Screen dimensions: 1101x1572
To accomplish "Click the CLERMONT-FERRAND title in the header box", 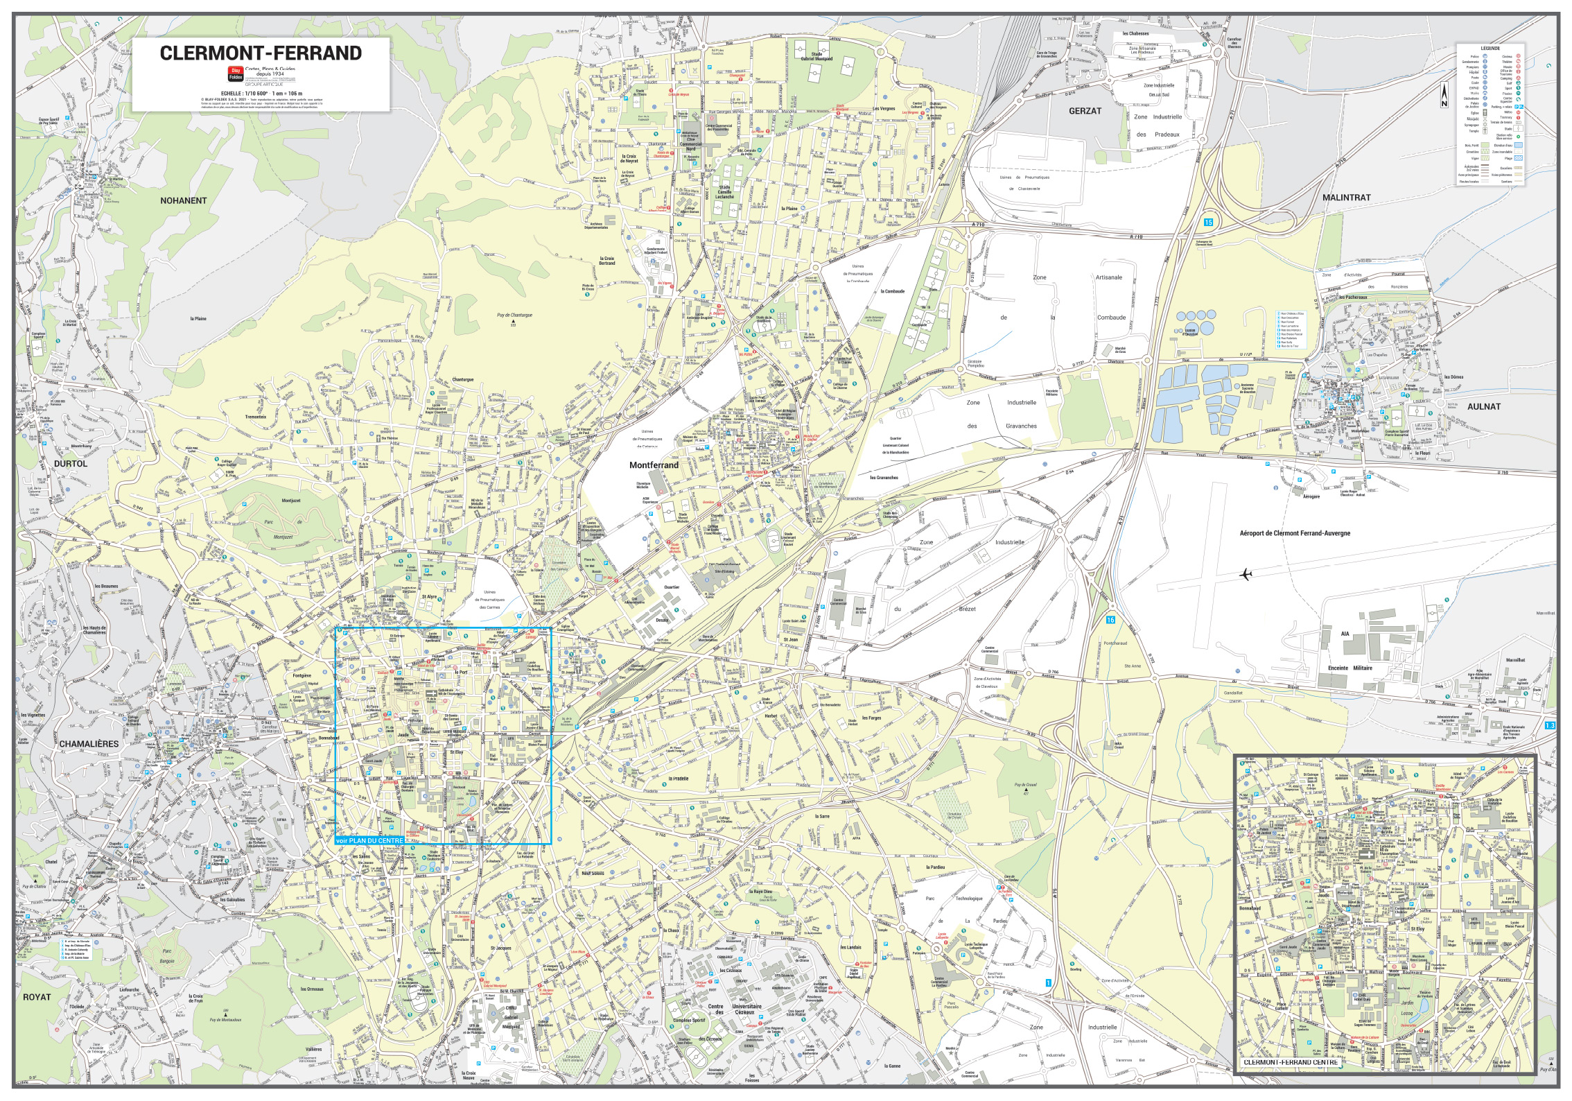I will [261, 53].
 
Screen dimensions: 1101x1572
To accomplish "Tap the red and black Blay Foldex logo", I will [236, 75].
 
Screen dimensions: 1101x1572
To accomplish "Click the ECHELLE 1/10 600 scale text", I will [261, 93].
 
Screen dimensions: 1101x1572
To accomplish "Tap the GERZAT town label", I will [1085, 111].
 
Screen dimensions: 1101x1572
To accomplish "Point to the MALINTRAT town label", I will [1346, 198].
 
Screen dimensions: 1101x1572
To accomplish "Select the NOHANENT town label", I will [184, 201].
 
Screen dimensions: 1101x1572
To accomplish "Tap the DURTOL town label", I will [71, 464].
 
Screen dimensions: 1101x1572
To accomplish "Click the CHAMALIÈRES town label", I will [89, 744].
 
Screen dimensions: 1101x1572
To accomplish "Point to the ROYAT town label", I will [37, 997].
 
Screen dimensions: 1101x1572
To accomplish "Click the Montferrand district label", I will [654, 465].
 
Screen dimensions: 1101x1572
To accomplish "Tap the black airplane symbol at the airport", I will [1246, 575].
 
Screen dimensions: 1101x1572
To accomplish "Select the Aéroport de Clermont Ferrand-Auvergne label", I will [1294, 534].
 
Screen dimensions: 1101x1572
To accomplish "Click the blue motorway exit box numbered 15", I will [1208, 223].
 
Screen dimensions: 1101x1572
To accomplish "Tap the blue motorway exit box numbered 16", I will [1111, 620].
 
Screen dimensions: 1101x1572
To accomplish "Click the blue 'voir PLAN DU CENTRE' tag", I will [368, 841].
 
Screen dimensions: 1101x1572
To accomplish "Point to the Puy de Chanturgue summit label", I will [514, 315].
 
